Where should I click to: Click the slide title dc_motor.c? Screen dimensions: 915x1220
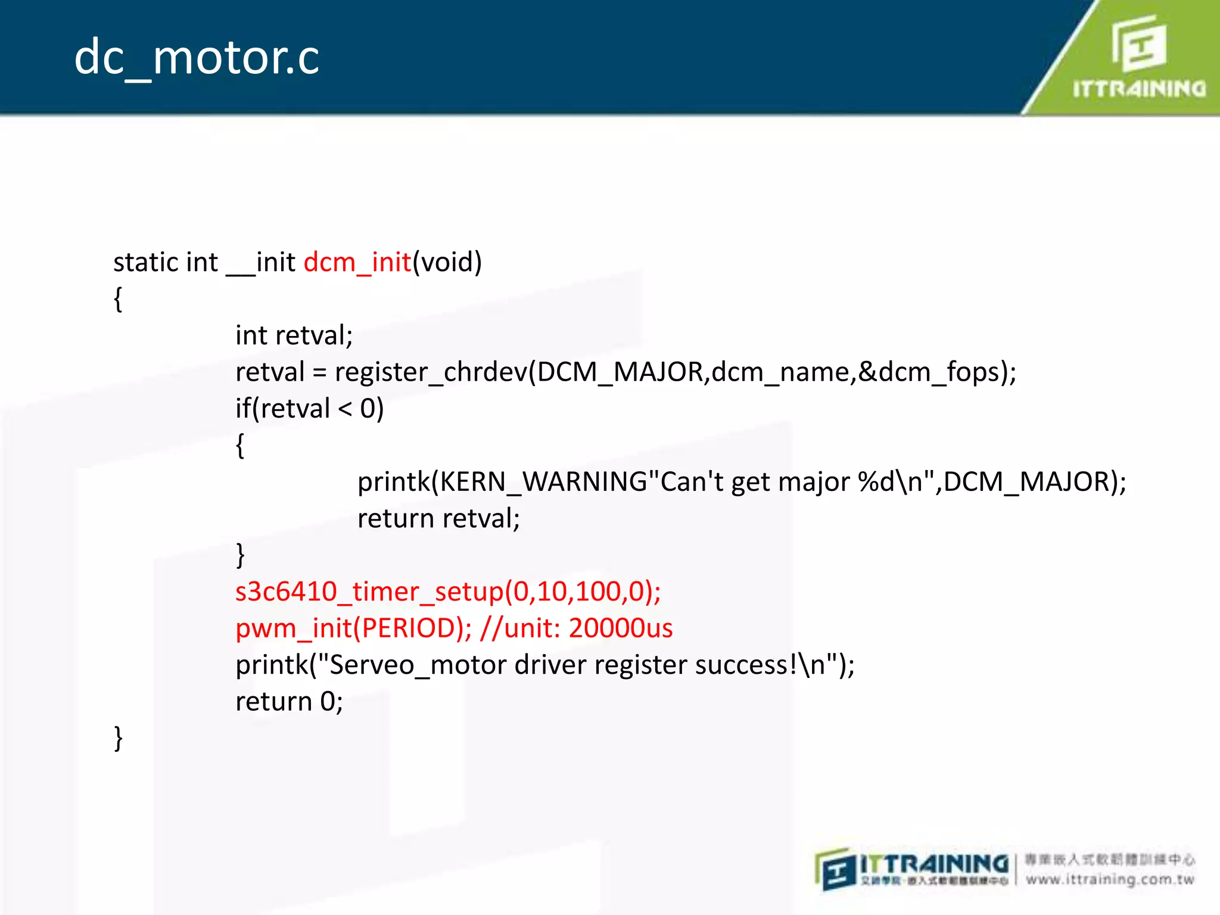(197, 58)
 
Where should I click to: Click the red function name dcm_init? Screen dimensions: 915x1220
(357, 262)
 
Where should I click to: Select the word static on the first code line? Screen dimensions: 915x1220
(145, 262)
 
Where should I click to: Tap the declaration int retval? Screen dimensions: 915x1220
(294, 335)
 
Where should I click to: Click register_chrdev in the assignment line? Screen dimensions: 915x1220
(431, 372)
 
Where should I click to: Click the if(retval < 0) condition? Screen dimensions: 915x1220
(309, 409)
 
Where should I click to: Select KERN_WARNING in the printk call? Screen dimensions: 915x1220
(543, 481)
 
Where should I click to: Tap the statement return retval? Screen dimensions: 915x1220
(438, 518)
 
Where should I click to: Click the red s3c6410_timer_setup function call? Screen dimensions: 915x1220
(447, 592)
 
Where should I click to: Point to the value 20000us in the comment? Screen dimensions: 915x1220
(620, 628)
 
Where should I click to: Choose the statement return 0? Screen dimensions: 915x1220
(289, 702)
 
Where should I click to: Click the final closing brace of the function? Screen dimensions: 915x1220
(118, 739)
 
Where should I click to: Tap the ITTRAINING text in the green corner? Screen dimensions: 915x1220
(1138, 89)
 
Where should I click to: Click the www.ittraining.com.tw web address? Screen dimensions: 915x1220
(1110, 879)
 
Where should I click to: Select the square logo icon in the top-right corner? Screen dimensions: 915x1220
(1139, 43)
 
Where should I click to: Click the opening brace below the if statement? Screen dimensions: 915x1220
(240, 446)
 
